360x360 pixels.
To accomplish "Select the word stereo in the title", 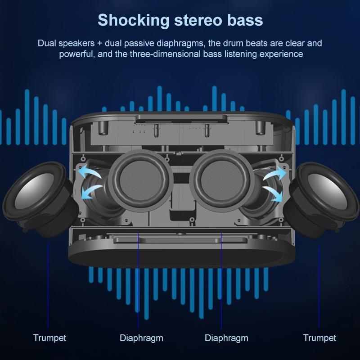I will pos(198,20).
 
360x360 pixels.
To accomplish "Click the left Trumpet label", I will pos(49,337).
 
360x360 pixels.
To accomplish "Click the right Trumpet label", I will pos(319,337).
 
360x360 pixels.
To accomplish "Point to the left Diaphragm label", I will pos(141,337).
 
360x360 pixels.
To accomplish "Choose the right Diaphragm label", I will pos(226,337).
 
